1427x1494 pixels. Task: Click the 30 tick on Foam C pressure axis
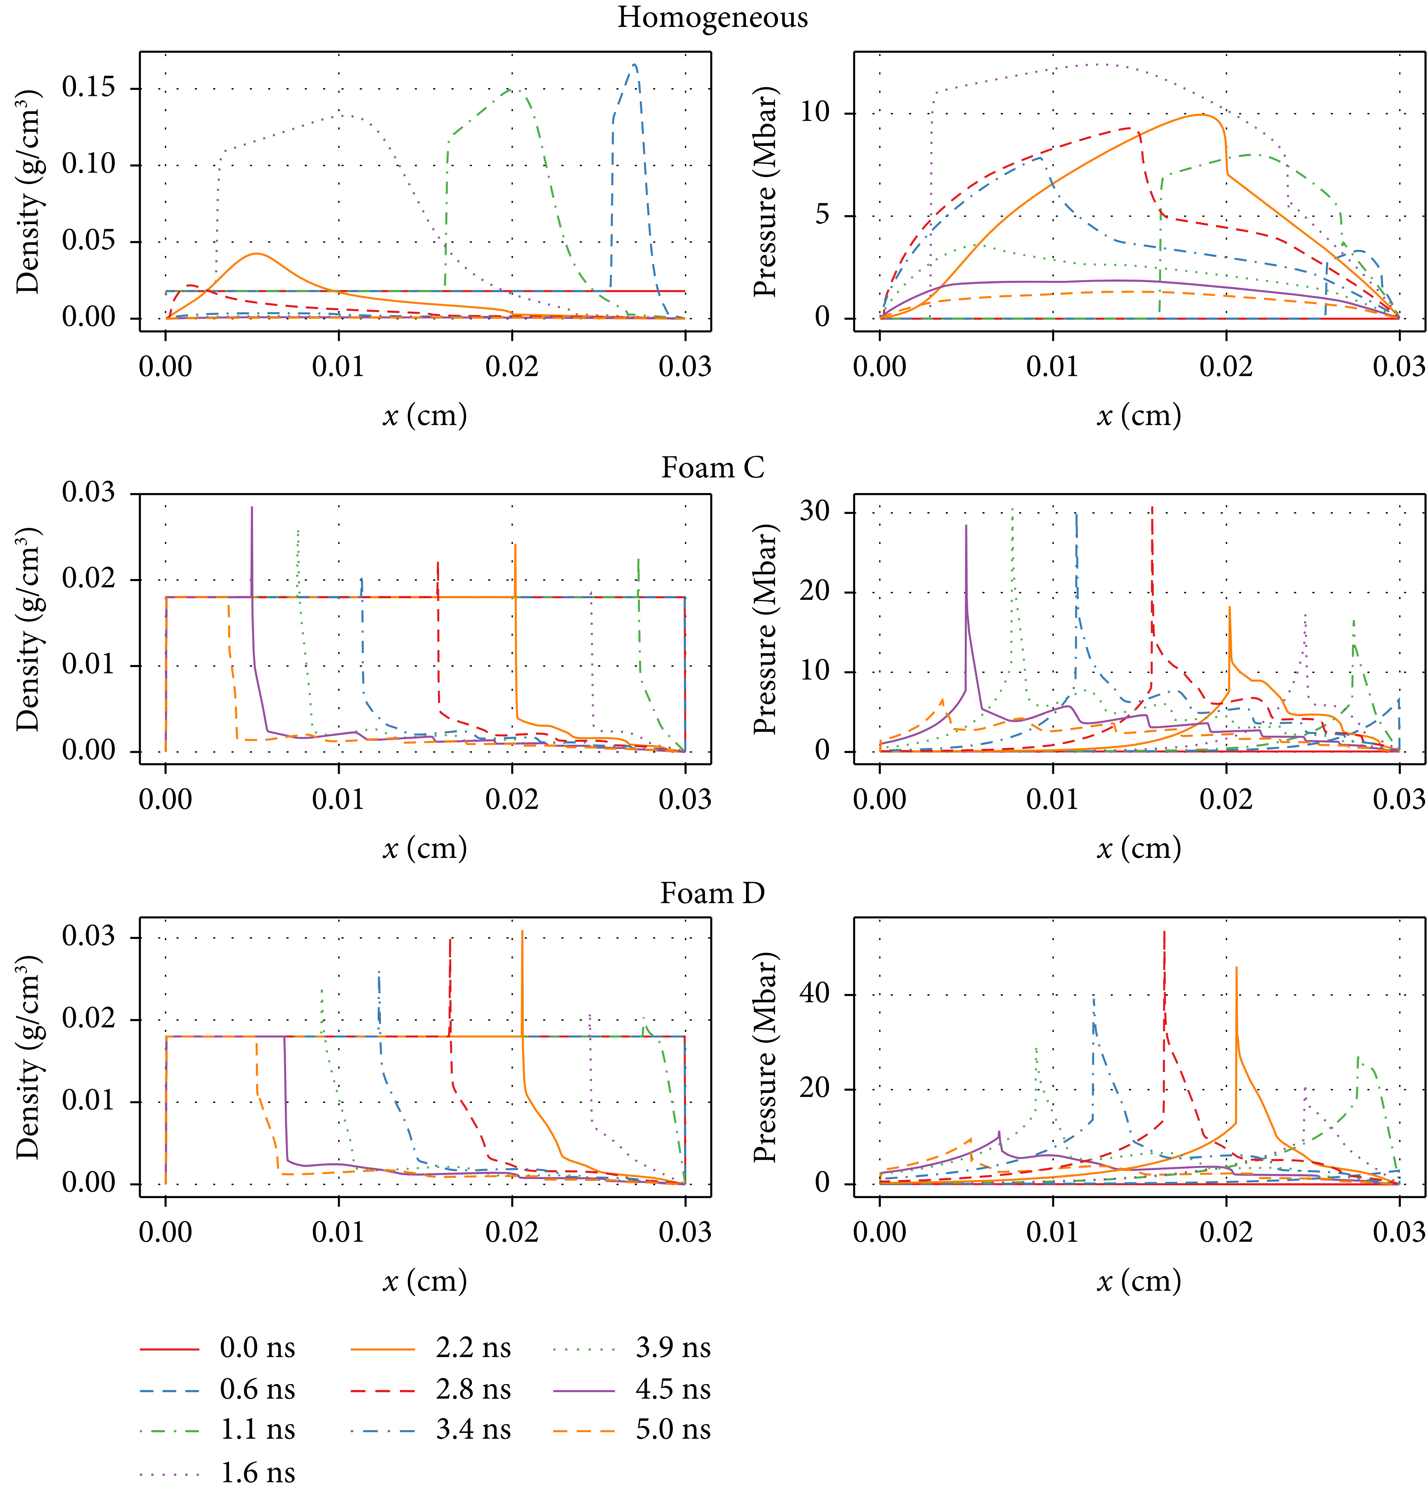pyautogui.click(x=815, y=511)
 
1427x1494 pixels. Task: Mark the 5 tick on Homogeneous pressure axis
pyautogui.click(x=823, y=215)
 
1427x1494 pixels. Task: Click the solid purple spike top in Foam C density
pyautogui.click(x=252, y=508)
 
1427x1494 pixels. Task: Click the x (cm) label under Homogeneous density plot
pyautogui.click(x=424, y=416)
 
